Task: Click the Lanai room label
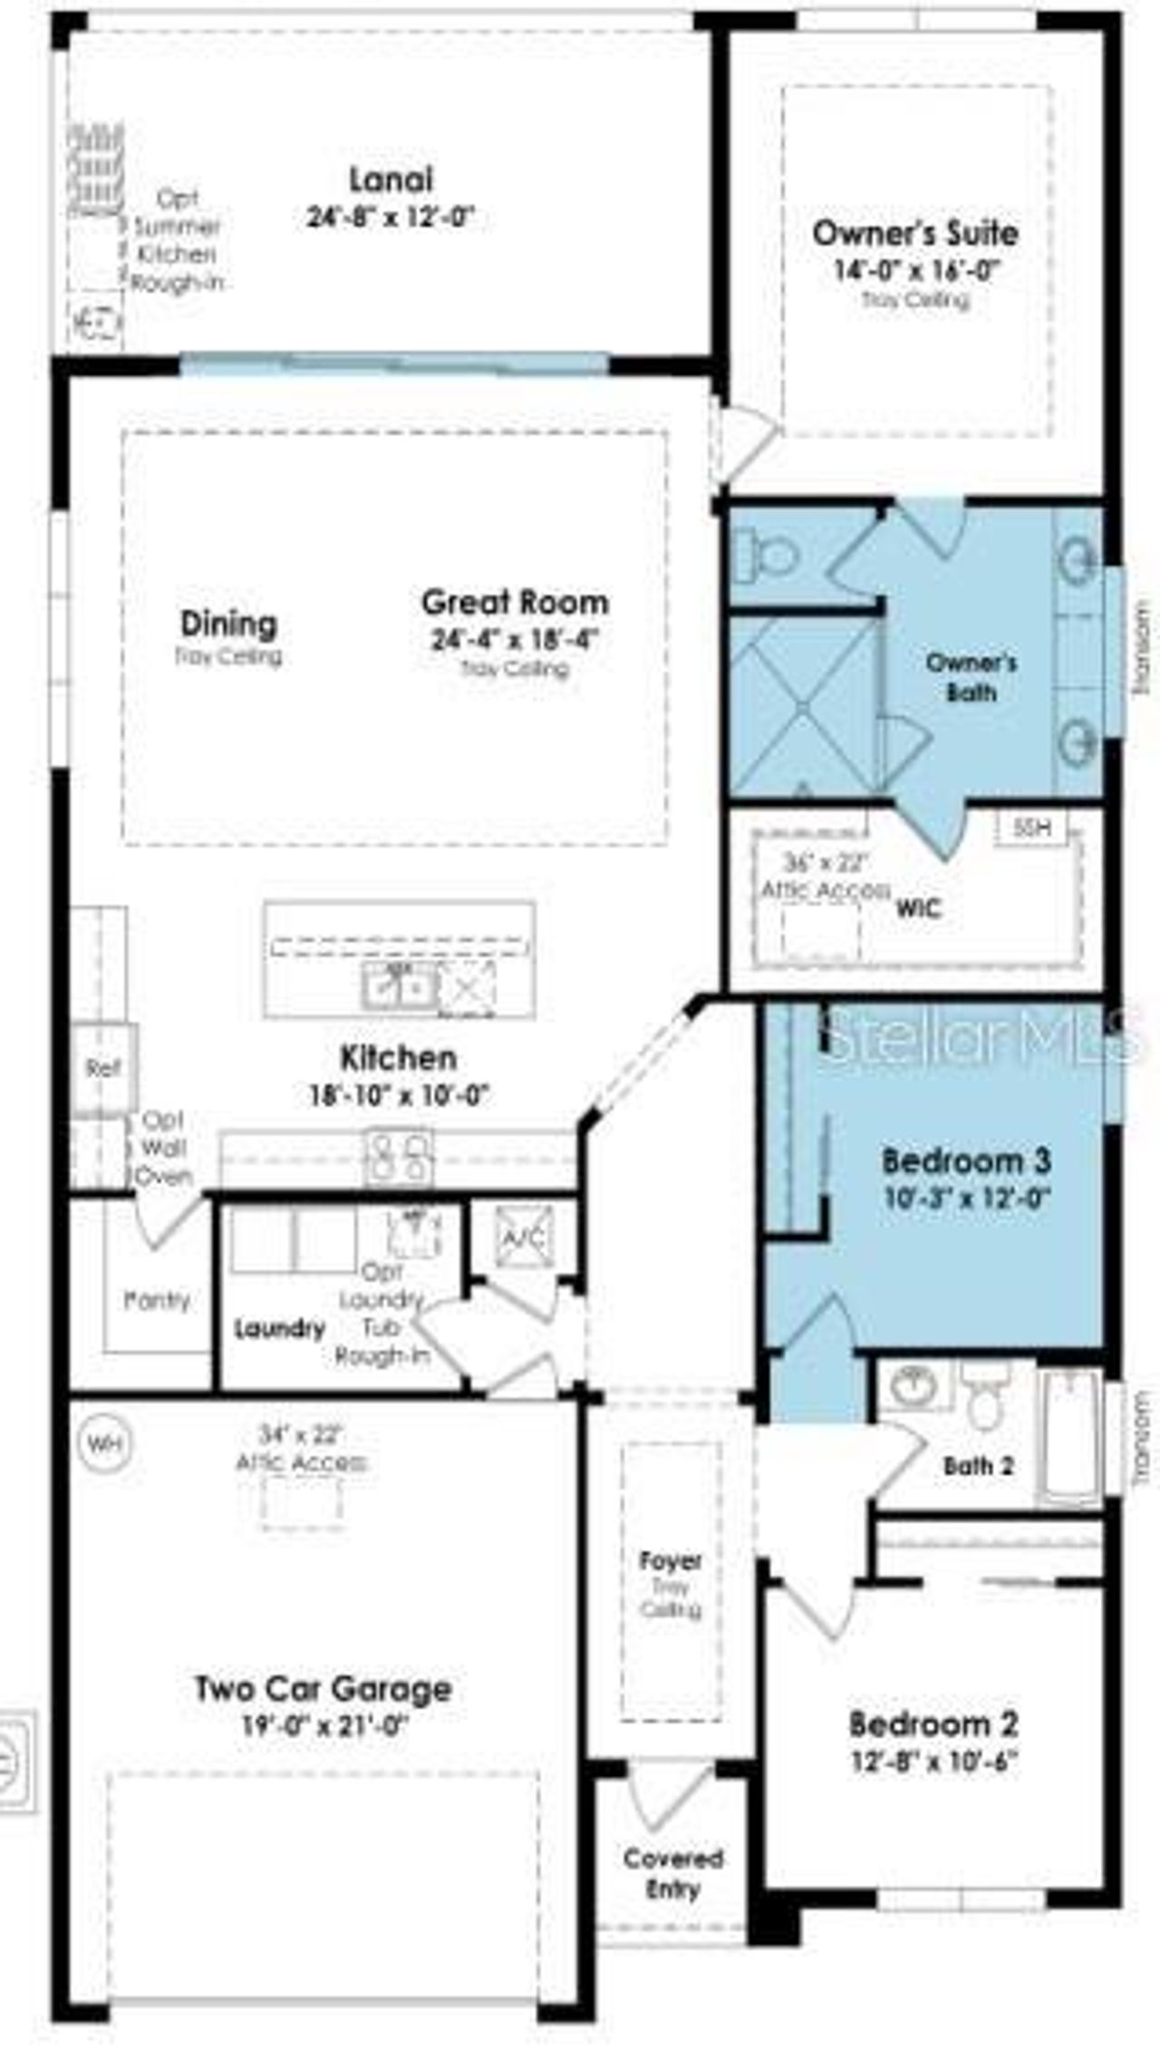coord(391,180)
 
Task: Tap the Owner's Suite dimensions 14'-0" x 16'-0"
coord(915,270)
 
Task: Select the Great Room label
coord(515,602)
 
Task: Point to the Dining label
coord(228,624)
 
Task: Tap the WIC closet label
coord(918,908)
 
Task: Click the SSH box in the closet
coord(1031,827)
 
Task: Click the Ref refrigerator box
coord(103,1068)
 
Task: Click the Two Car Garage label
coord(323,1688)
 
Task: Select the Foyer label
coord(671,1561)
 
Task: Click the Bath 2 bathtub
coord(1070,1442)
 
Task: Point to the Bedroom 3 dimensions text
coord(966,1198)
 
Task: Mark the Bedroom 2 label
coord(933,1723)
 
